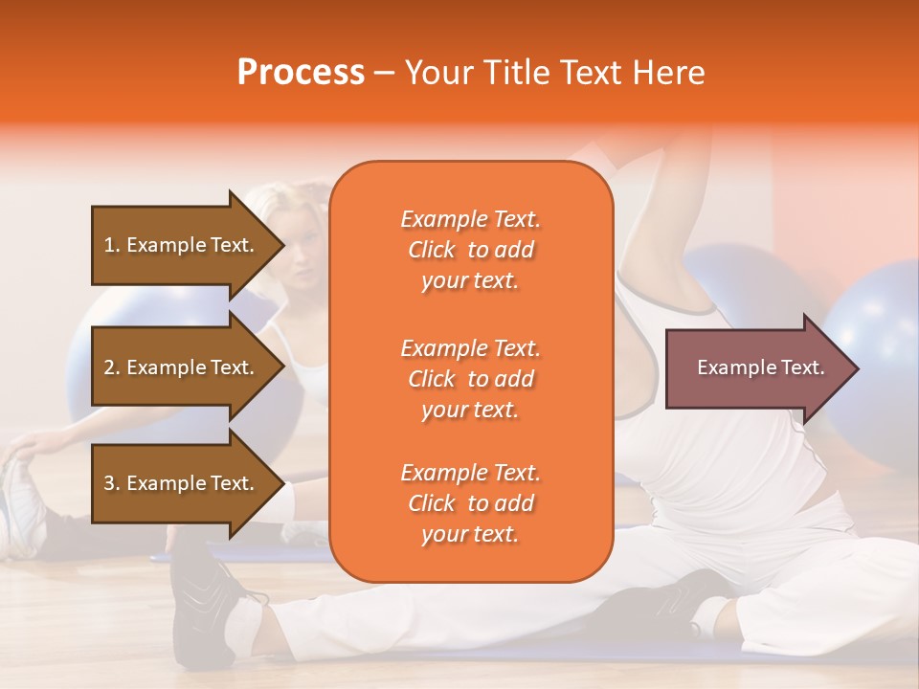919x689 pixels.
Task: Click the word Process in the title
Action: pyautogui.click(x=301, y=73)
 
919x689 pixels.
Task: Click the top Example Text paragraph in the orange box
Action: pyautogui.click(x=470, y=250)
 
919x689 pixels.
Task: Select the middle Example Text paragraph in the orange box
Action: pyautogui.click(x=470, y=378)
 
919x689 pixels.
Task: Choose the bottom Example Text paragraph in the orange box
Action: pyautogui.click(x=470, y=503)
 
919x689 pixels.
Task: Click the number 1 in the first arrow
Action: pyautogui.click(x=108, y=245)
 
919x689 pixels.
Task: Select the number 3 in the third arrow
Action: pyautogui.click(x=108, y=483)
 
